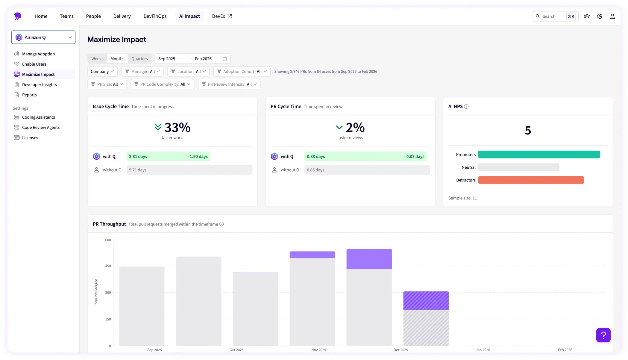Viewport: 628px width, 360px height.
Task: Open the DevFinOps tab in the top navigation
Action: (155, 16)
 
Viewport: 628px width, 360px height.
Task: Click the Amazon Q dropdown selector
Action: (43, 37)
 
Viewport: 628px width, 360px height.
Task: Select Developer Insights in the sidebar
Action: (39, 84)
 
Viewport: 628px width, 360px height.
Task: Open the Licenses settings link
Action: (30, 137)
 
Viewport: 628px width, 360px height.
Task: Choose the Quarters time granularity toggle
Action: (139, 59)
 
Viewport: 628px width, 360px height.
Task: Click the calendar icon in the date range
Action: (225, 59)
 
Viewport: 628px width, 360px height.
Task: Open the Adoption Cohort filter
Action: (242, 71)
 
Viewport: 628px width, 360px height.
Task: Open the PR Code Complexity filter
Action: (162, 84)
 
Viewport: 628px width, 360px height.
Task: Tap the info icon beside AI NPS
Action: (466, 107)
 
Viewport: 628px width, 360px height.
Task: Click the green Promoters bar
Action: (539, 155)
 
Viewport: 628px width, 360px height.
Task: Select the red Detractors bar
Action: (531, 180)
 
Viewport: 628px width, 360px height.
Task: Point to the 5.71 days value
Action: (138, 170)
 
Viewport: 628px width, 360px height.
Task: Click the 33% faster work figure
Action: (177, 128)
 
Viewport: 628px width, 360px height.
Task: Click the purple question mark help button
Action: (603, 335)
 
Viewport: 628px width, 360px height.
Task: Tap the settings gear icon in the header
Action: (600, 16)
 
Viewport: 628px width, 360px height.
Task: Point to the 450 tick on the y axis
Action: (108, 266)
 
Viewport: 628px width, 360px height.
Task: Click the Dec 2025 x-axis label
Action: (401, 350)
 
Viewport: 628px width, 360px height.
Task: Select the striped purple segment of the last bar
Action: (426, 300)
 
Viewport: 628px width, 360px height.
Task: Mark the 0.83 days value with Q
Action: (316, 156)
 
